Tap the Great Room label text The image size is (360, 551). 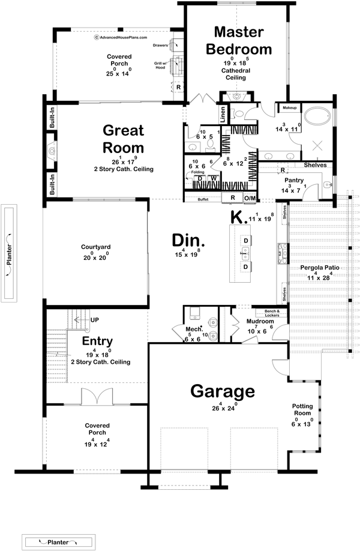(x=123, y=139)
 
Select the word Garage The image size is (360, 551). (x=223, y=391)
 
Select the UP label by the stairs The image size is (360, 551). (x=94, y=321)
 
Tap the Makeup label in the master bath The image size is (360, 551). (x=290, y=107)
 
